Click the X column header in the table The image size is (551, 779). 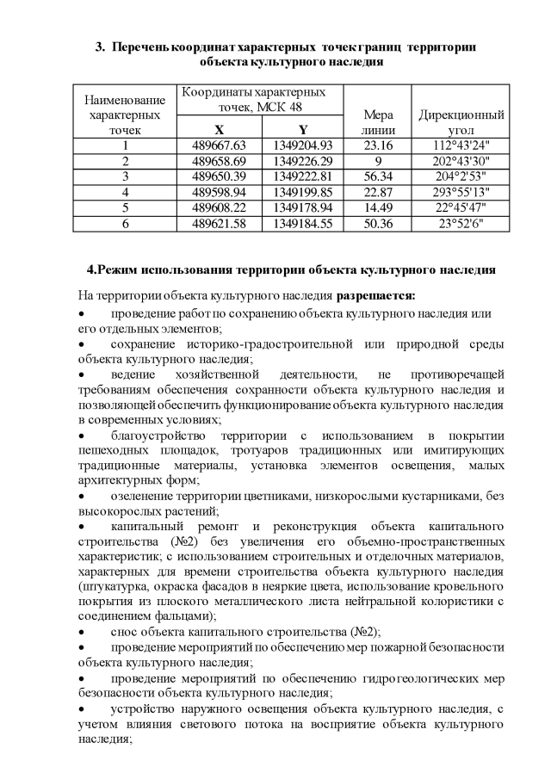(219, 130)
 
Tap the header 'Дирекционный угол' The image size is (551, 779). (461, 122)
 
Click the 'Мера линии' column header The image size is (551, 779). (379, 122)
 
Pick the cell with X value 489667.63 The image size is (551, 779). (219, 145)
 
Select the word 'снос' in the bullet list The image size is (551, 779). (126, 630)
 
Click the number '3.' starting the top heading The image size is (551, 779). (99, 45)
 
